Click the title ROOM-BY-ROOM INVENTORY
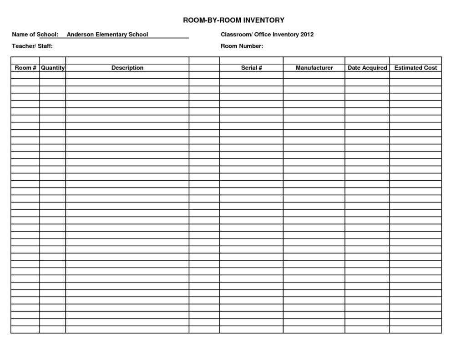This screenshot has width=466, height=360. [233, 20]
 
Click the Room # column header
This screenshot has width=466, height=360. [25, 68]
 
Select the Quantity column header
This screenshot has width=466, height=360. [53, 68]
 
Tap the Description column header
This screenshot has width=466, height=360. [127, 68]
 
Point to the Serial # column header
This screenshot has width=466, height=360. [251, 68]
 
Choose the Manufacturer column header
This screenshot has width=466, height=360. [314, 68]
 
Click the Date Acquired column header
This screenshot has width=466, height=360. [367, 68]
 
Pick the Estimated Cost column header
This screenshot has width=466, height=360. [415, 68]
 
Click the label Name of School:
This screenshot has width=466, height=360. [35, 35]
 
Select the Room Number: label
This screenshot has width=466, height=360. [242, 46]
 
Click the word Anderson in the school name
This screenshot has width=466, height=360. [80, 35]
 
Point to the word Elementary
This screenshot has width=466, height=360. [111, 35]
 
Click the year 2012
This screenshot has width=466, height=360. [307, 35]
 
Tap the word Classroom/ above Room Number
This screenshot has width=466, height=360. [236, 35]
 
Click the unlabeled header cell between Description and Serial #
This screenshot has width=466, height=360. [204, 68]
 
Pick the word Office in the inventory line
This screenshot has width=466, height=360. [263, 35]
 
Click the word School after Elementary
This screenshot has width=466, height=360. [138, 35]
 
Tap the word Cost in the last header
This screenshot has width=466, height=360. [430, 68]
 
